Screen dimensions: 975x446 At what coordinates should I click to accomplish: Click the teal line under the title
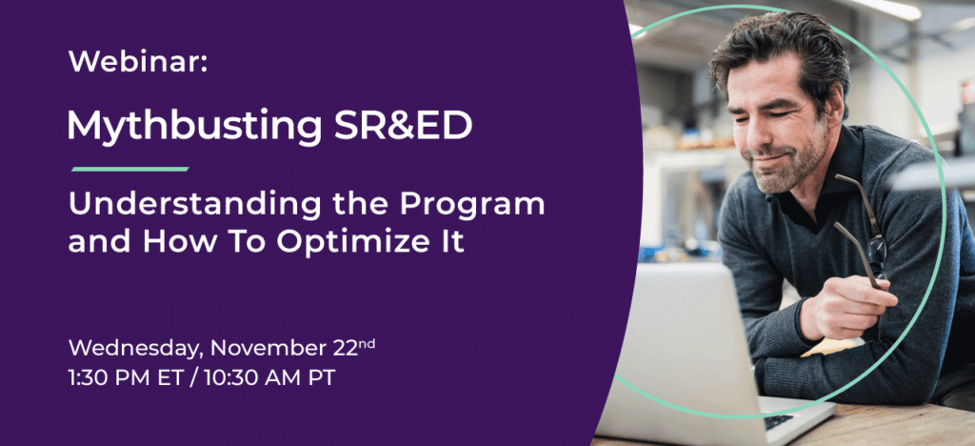pyautogui.click(x=129, y=169)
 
